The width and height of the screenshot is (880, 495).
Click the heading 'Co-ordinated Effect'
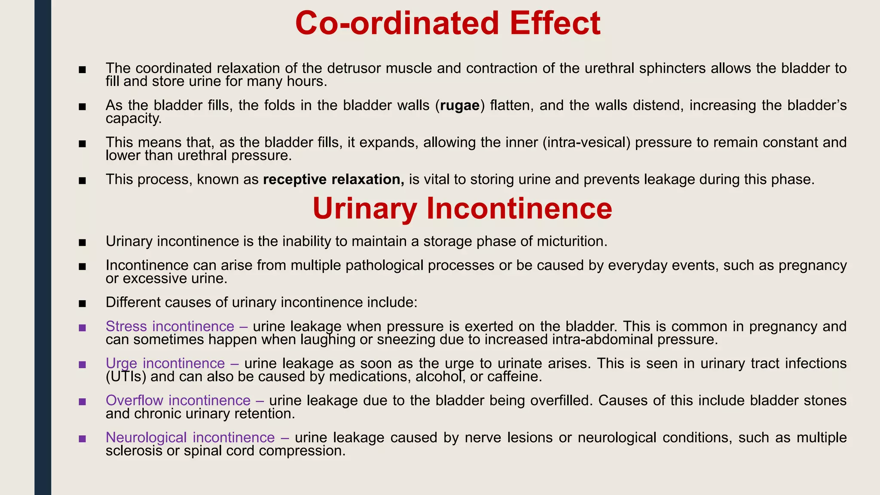click(x=447, y=23)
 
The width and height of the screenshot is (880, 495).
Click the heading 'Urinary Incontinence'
click(x=462, y=208)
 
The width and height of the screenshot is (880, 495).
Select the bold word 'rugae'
click(x=459, y=105)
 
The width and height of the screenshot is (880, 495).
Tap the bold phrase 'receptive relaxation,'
click(x=333, y=179)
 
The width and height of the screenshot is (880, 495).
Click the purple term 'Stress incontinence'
click(x=170, y=327)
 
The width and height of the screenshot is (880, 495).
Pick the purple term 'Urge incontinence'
click(x=165, y=364)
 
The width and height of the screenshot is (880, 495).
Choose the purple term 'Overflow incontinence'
click(x=178, y=400)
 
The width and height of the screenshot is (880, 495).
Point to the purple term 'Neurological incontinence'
click(x=190, y=437)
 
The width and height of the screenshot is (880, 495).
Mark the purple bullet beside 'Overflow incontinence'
click(x=82, y=402)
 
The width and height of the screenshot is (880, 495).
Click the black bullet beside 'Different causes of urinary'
click(x=82, y=304)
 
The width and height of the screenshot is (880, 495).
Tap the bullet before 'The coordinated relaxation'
click(x=82, y=70)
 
